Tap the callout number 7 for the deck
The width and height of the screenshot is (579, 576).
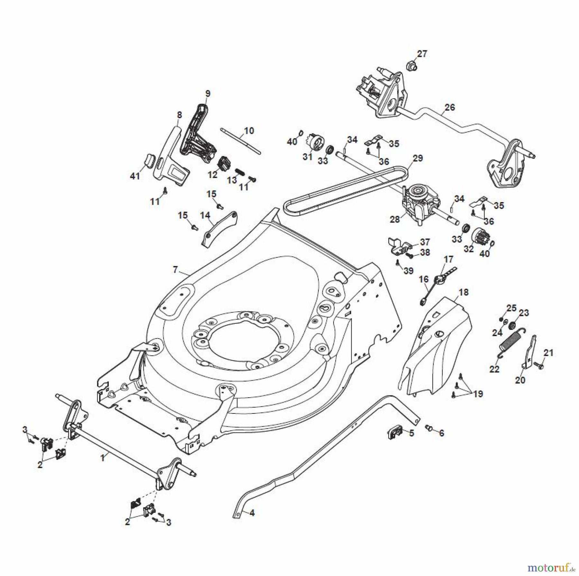(175, 270)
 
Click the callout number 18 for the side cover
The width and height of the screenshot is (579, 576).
(464, 292)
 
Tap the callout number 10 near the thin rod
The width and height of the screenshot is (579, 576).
(249, 131)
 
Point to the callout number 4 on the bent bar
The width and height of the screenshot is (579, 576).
(252, 513)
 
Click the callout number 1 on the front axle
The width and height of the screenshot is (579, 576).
(103, 457)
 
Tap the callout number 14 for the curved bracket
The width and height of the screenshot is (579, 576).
(205, 215)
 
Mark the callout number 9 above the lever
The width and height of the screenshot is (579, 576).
(207, 94)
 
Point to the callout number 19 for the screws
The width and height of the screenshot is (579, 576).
(478, 394)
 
